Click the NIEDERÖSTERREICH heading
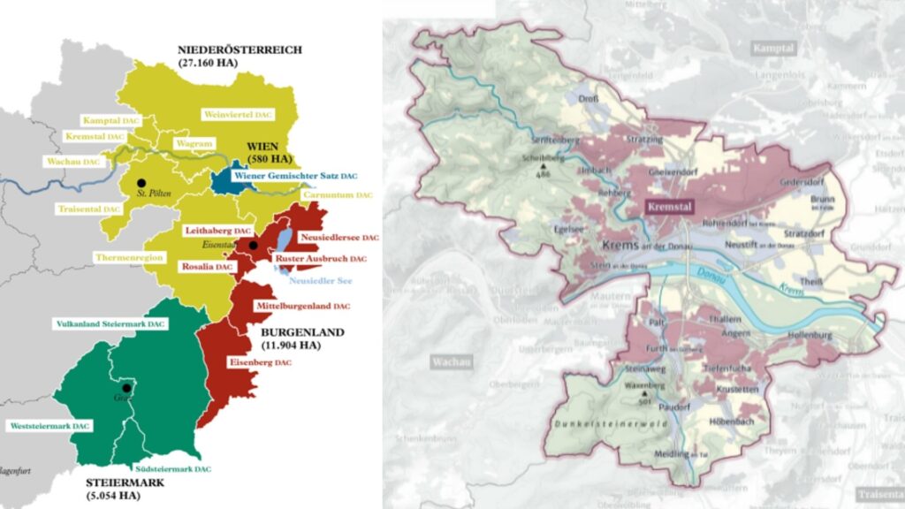point(240,49)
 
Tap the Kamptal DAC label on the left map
point(113,119)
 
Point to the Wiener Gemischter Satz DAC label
point(295,176)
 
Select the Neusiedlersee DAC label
point(339,238)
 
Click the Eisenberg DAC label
point(259,362)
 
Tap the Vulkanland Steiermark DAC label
point(110,324)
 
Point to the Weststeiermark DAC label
point(49,426)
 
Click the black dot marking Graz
point(127,388)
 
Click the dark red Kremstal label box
point(668,208)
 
